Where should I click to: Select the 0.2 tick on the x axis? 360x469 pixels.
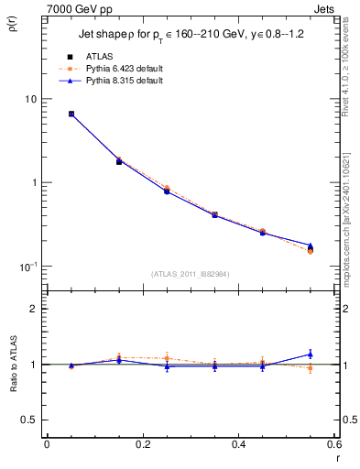coord(142,445)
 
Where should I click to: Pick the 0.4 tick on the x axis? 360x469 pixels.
coord(238,445)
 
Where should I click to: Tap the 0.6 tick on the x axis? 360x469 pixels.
coord(333,445)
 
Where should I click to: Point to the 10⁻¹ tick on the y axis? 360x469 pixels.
coord(27,267)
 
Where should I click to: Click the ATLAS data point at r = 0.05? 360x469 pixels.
coord(71,115)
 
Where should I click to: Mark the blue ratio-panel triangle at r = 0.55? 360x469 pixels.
coord(311,354)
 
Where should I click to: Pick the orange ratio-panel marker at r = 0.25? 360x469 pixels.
coord(167,358)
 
